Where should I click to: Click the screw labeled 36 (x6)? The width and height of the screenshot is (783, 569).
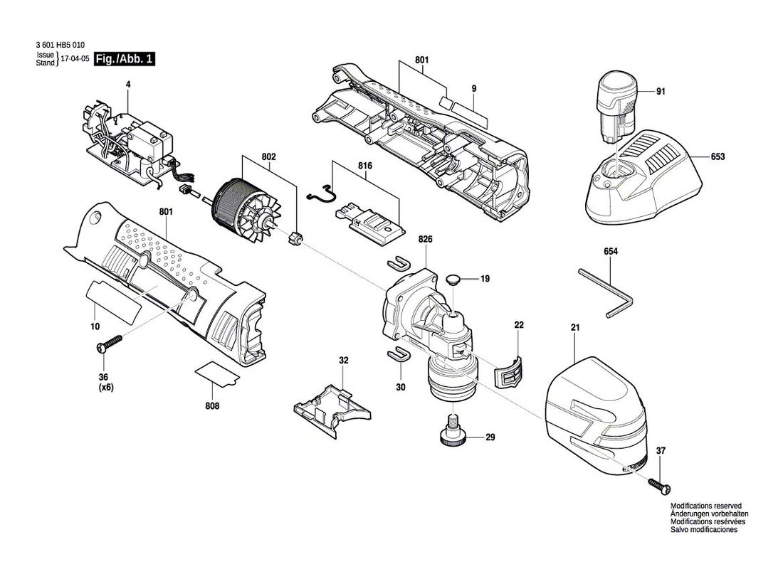tap(110, 345)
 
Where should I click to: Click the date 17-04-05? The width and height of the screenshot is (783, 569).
tap(74, 60)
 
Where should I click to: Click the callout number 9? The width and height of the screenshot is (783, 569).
tap(473, 88)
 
